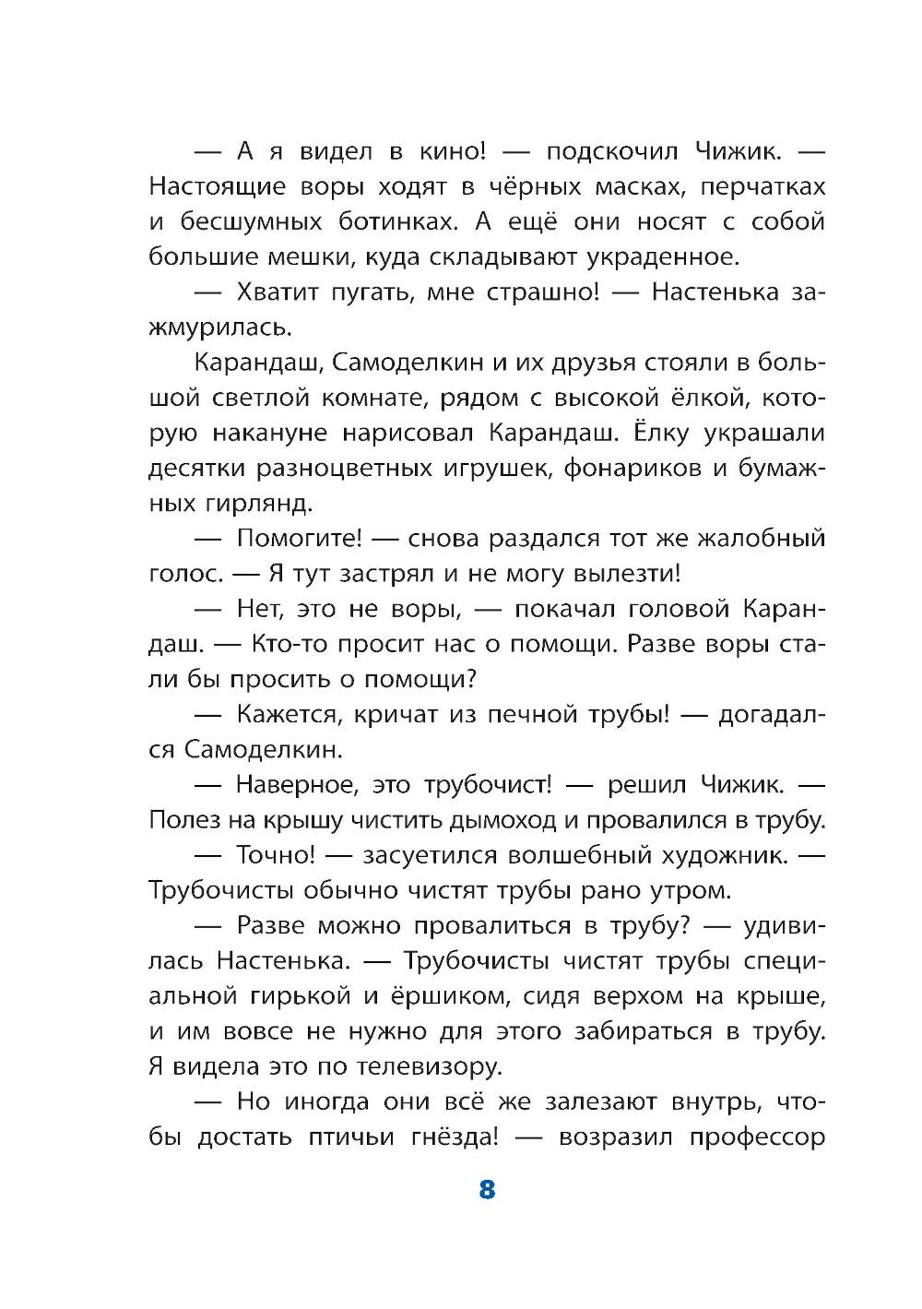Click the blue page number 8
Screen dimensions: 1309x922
(488, 1189)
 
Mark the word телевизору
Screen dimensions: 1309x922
(429, 1067)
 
